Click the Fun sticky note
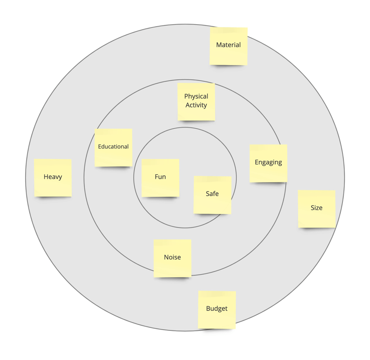(160, 178)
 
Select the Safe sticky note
(212, 195)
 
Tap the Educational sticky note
(113, 147)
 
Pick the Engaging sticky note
(268, 163)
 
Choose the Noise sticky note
(172, 258)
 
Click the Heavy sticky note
(53, 178)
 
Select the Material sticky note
(228, 46)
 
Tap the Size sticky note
(317, 209)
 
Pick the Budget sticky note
(217, 309)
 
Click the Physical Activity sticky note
(196, 101)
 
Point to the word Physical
(196, 96)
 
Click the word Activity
(196, 105)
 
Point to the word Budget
(217, 309)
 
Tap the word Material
(228, 45)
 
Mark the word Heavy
(53, 177)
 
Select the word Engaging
(268, 162)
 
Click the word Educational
(113, 147)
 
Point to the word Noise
(172, 257)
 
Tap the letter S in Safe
(208, 194)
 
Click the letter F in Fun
(156, 177)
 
